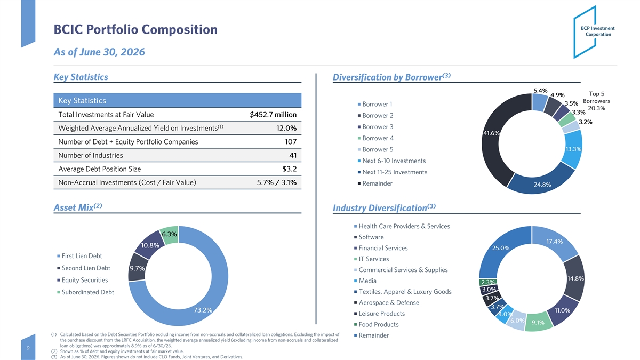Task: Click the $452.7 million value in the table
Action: [273, 115]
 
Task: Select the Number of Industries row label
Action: [91, 155]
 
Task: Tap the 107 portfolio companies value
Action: [291, 142]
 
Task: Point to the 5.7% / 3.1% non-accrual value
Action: [277, 182]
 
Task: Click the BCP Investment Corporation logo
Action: [594, 32]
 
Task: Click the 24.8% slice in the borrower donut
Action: [541, 183]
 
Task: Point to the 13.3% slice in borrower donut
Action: [573, 149]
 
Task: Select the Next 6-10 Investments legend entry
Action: [391, 161]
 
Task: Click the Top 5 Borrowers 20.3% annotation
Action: [597, 101]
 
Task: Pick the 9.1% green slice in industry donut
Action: [538, 322]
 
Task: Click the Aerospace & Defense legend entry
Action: [387, 302]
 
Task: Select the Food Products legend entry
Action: [377, 325]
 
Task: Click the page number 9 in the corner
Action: [28, 348]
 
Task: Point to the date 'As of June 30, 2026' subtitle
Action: [99, 52]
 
